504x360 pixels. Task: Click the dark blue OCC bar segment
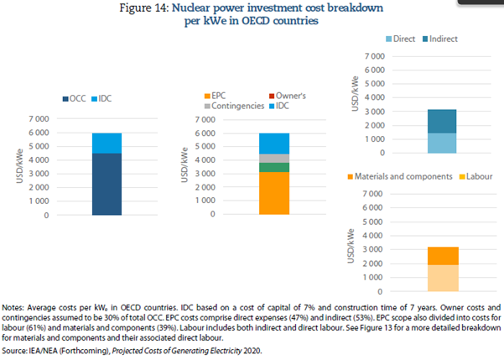click(x=107, y=184)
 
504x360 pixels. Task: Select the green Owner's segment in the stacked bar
click(x=273, y=167)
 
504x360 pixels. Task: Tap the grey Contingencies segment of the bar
click(x=273, y=158)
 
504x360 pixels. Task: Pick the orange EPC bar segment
click(x=273, y=193)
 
